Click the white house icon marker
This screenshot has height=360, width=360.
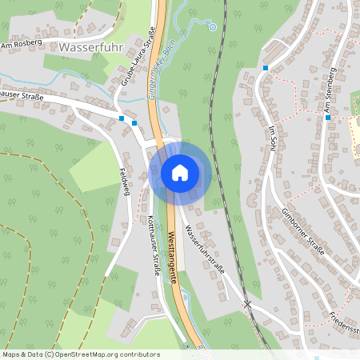(x=179, y=172)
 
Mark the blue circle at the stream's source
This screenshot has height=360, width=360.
(x=213, y=27)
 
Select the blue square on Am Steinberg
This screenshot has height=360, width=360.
(x=328, y=118)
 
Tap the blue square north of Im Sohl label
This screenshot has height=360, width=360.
(x=266, y=68)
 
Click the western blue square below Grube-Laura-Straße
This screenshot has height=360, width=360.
(x=122, y=119)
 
